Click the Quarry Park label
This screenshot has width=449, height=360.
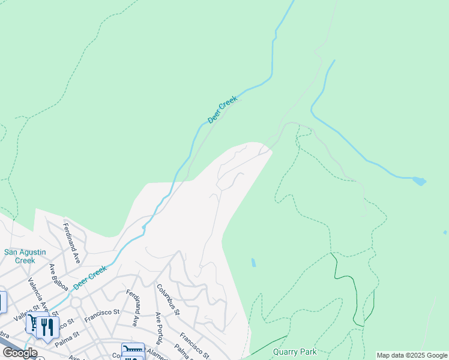point(294,352)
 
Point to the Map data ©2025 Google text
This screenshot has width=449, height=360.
point(412,355)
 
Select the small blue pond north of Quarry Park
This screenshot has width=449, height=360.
point(253,263)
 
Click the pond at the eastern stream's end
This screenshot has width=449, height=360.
point(419,180)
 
